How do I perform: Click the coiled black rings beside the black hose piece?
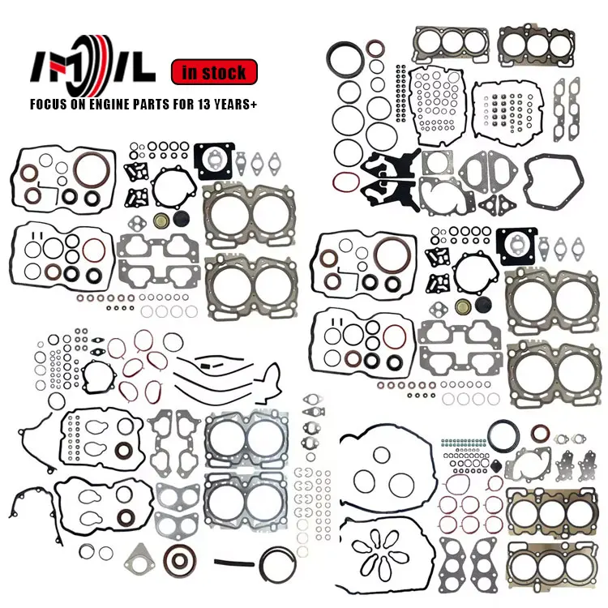pos(280,567)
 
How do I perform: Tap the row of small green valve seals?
pos(462,443)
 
